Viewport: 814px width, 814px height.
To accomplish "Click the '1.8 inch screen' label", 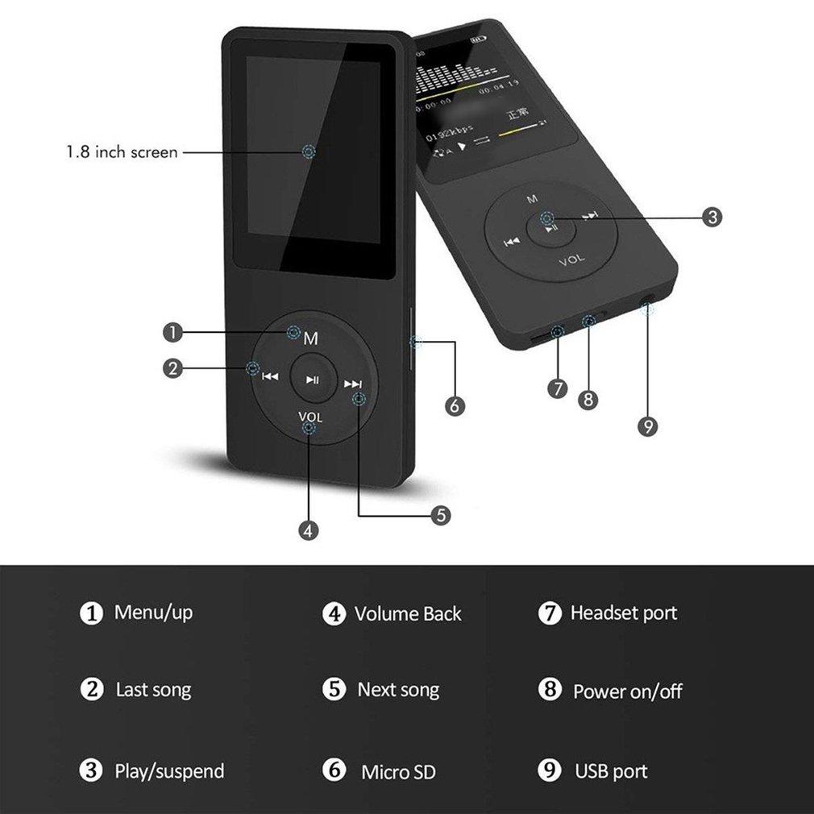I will click(x=122, y=152).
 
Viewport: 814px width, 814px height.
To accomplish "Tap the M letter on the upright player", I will click(x=310, y=339).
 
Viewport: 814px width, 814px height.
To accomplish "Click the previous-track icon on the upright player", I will click(x=271, y=376).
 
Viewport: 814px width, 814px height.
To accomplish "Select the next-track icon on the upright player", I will click(x=352, y=384).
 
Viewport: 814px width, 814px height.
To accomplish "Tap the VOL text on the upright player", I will click(x=310, y=417).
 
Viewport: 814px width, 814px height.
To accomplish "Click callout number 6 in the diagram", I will click(x=455, y=406).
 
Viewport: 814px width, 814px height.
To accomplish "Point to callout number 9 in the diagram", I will click(x=647, y=426).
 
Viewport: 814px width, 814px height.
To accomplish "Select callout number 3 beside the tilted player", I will click(x=711, y=217).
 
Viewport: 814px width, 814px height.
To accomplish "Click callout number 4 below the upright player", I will click(x=309, y=530).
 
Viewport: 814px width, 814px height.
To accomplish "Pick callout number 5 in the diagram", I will click(x=439, y=515).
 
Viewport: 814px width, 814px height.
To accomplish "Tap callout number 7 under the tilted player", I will click(x=558, y=388).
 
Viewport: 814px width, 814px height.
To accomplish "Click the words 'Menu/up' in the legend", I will click(x=153, y=613).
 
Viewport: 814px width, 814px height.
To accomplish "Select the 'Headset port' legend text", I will click(x=623, y=613).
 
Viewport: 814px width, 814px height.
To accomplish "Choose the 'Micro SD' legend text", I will click(x=398, y=771).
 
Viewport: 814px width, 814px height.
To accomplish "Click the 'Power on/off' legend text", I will click(x=627, y=691).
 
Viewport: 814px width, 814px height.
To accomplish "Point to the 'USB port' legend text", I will click(x=611, y=771).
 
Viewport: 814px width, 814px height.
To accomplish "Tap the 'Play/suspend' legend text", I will click(x=169, y=771).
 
